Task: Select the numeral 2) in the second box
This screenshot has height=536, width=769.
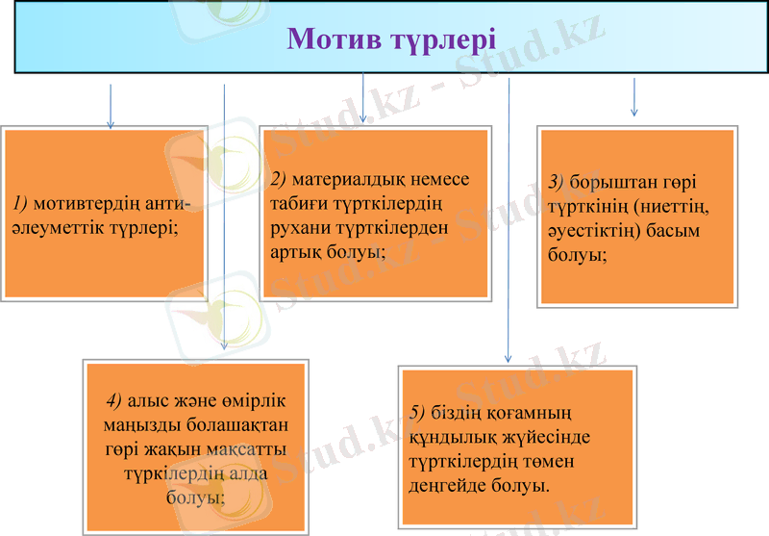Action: (x=280, y=179)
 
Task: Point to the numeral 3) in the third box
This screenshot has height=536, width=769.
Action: (x=557, y=182)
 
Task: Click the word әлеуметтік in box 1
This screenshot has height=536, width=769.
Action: (x=57, y=227)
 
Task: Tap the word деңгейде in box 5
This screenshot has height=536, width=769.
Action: (x=444, y=486)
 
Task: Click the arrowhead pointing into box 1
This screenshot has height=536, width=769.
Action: (x=111, y=124)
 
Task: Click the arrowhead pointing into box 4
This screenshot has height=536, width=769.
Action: (x=224, y=347)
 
